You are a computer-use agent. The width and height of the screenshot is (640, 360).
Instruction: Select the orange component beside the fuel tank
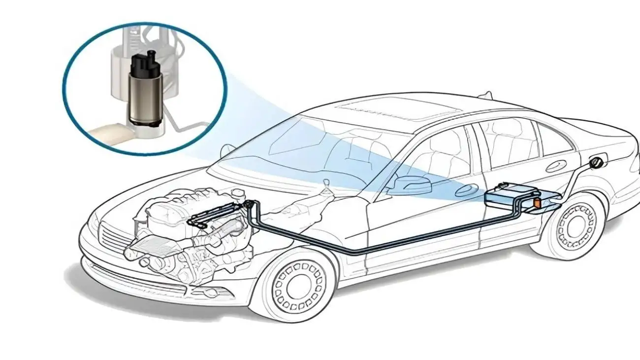pyautogui.click(x=538, y=202)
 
